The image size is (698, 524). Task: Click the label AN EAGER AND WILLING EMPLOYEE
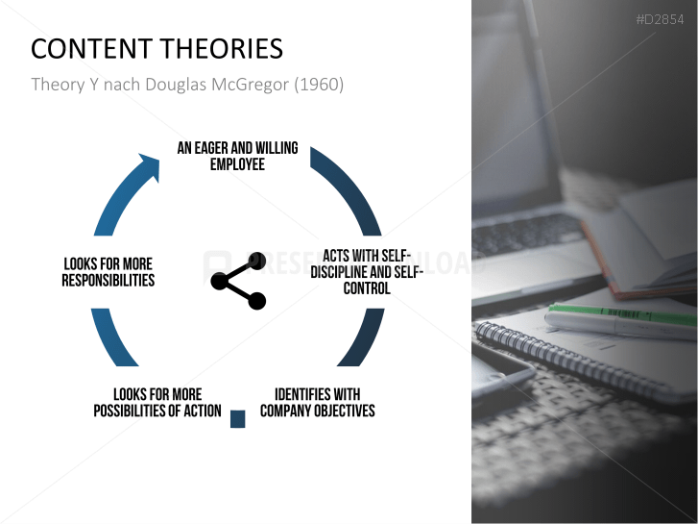pos(237,156)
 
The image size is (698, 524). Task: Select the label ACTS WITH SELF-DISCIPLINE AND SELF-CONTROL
pos(367,271)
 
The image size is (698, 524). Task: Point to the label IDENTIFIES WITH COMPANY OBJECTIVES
pos(317,403)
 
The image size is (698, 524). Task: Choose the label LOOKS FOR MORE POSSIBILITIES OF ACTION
pos(157,403)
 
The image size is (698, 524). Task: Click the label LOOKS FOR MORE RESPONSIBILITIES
pos(108,271)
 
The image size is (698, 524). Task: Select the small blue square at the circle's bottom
pos(238,418)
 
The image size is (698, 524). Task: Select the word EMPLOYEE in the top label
pos(237,164)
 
